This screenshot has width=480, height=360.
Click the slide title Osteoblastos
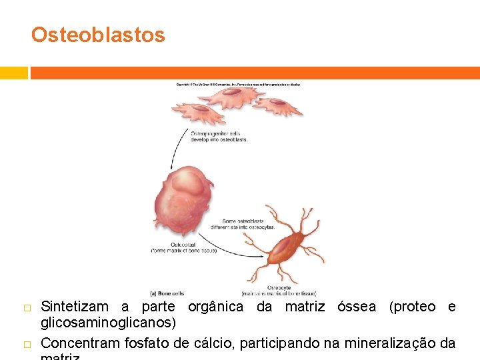[x=98, y=35]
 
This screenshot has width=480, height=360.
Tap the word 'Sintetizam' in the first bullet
[x=75, y=307]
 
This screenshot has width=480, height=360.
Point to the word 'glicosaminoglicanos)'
[x=109, y=323]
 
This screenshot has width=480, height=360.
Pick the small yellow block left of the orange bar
[x=13, y=73]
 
